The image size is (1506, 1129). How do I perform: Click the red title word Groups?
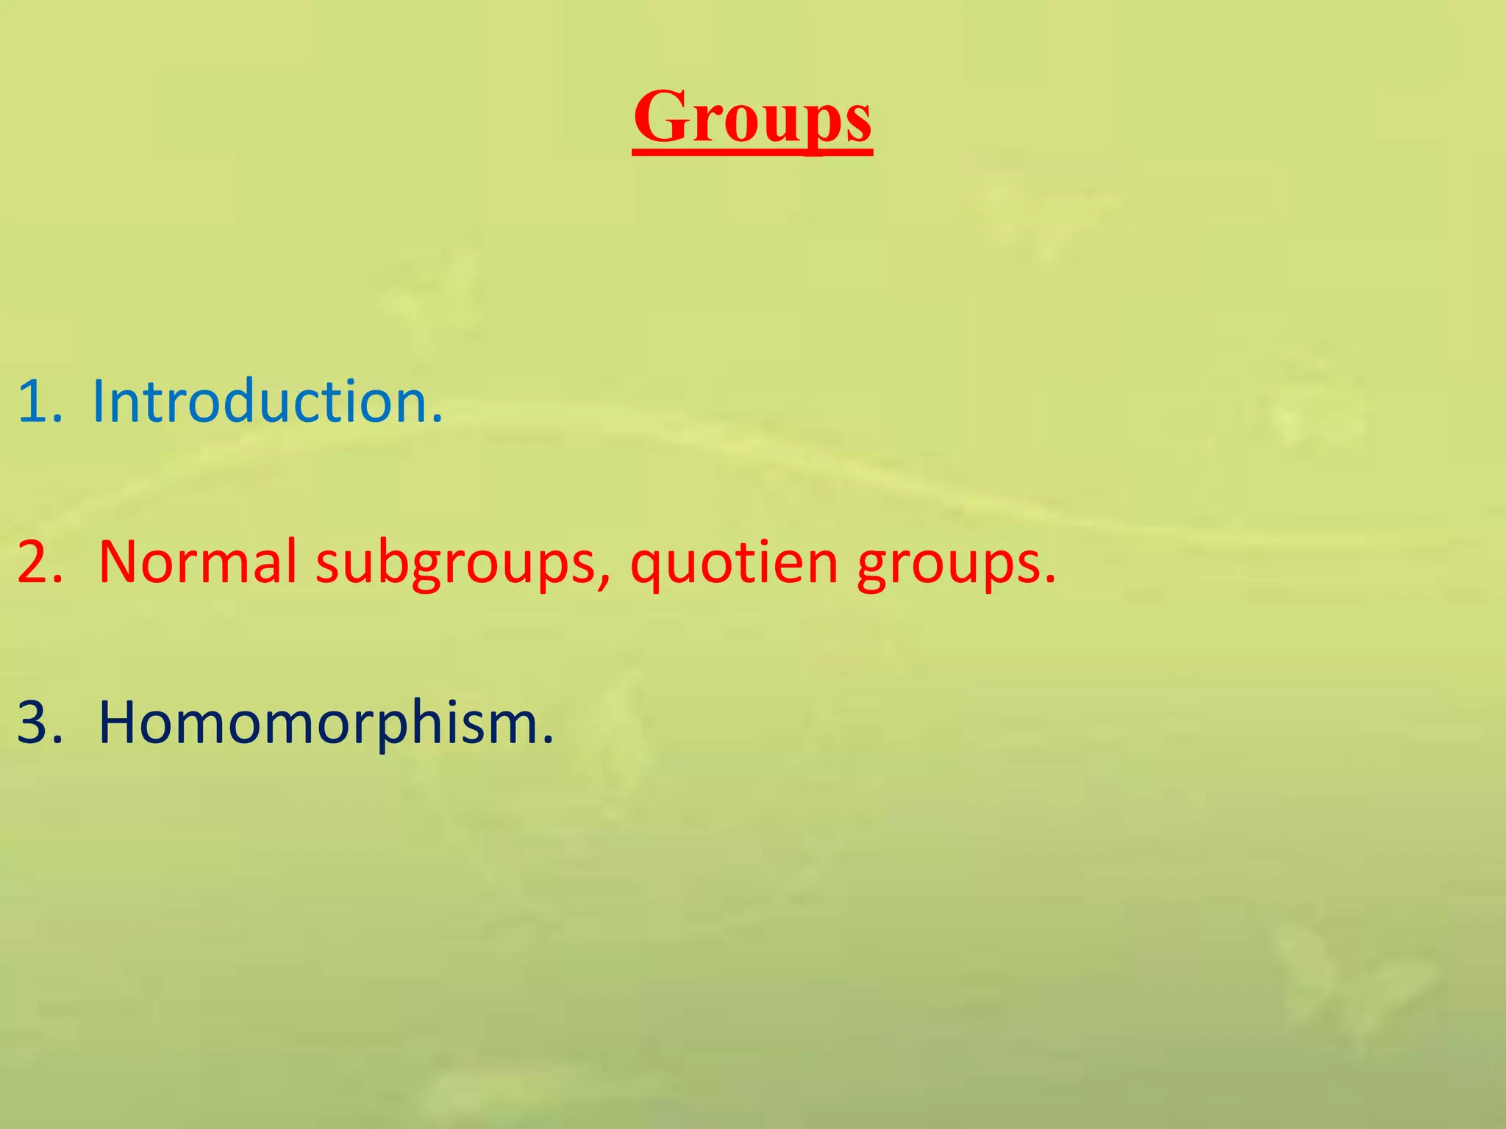click(x=752, y=118)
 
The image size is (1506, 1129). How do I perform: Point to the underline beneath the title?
click(x=752, y=152)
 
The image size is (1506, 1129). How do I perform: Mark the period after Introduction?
click(x=438, y=420)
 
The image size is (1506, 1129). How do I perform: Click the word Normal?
click(x=197, y=562)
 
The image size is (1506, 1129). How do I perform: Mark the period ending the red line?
click(x=1050, y=581)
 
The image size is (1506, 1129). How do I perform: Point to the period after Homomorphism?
click(x=547, y=741)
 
